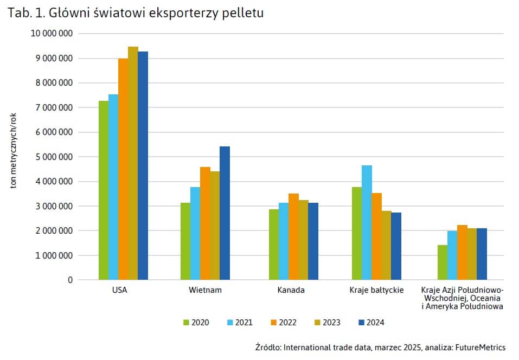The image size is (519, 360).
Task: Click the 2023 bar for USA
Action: pos(133,163)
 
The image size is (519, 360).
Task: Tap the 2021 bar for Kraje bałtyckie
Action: pos(367,222)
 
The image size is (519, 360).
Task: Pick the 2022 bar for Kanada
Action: pos(293,236)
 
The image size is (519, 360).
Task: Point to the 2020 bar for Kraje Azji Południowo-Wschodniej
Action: pos(442,262)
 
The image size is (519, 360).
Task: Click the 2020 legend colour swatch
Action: pos(186,323)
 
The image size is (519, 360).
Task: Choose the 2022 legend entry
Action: pos(283,323)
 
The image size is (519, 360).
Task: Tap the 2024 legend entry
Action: pos(371,323)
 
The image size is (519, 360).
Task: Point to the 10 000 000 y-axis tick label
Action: pos(53,34)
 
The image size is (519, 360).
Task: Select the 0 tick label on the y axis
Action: pos(71,280)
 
